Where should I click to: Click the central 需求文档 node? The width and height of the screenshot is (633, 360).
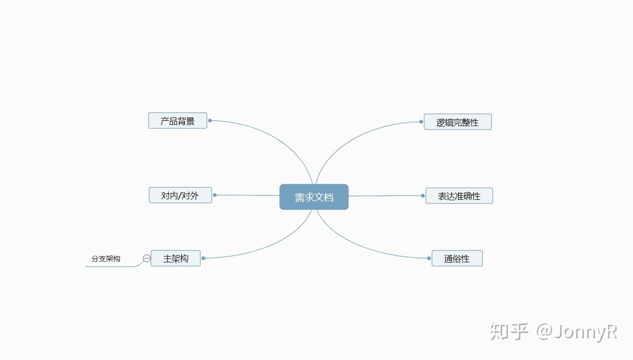[x=314, y=197]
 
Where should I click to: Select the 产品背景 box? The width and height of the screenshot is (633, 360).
[x=178, y=121]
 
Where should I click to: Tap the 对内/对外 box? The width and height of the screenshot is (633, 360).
[x=180, y=195]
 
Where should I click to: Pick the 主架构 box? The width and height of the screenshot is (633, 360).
[x=175, y=258]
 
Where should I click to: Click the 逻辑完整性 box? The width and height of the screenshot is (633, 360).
[x=457, y=122]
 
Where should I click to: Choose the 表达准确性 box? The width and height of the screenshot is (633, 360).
[x=459, y=196]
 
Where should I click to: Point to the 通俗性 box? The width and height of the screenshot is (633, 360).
[x=456, y=258]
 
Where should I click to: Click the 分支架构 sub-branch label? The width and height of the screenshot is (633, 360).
[x=106, y=259]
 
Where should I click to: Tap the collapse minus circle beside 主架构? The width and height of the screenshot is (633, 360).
[x=146, y=258]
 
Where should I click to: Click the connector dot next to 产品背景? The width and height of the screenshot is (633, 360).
[x=210, y=121]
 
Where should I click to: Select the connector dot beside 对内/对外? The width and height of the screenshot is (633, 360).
[x=215, y=195]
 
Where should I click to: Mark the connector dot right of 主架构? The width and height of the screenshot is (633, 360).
[x=203, y=258]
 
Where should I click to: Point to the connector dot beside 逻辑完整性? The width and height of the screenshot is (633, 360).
[x=421, y=122]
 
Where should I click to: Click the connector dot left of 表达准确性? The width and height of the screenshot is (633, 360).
[x=423, y=196]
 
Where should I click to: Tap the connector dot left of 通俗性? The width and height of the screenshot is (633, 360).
[x=429, y=258]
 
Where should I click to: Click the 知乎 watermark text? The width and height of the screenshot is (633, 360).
[x=509, y=332]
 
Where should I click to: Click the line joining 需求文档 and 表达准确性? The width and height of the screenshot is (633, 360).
[x=385, y=196]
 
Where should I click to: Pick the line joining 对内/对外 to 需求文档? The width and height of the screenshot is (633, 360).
[x=247, y=195]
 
